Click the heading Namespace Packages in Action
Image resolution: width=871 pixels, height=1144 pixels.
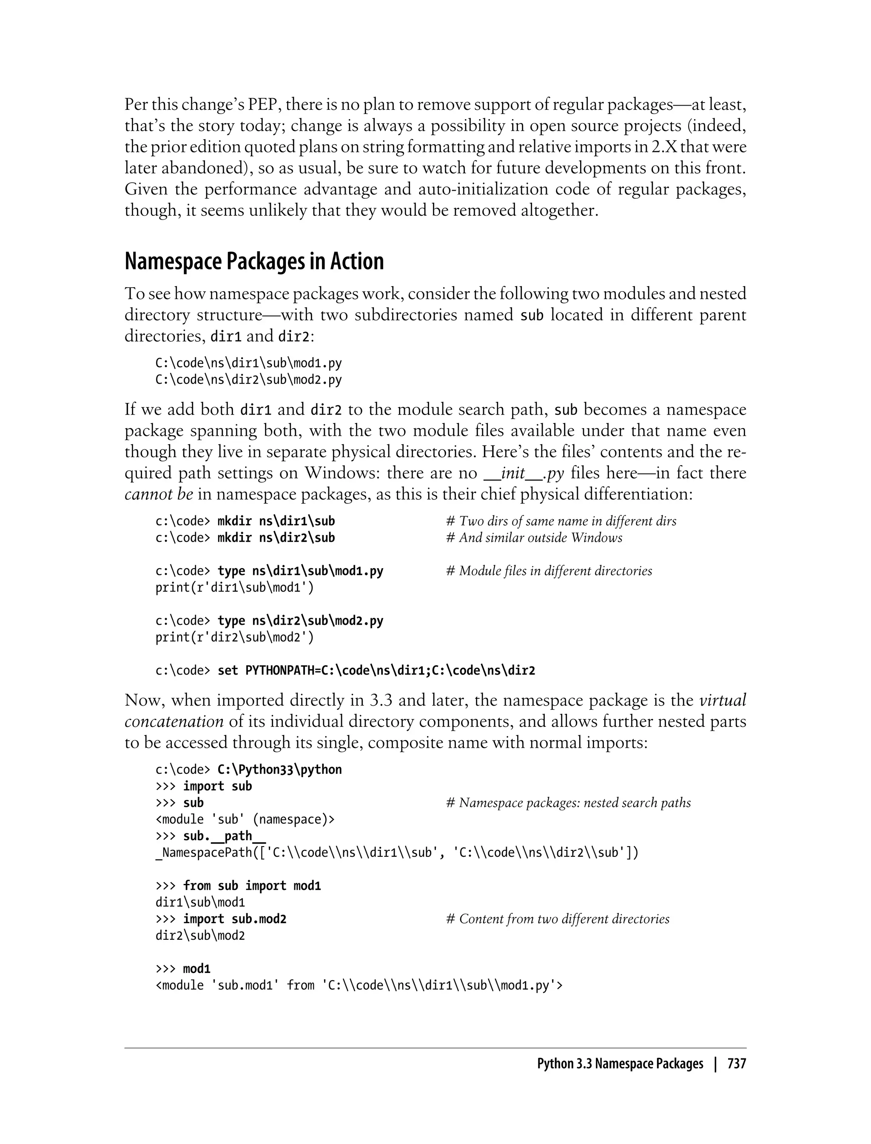(254, 261)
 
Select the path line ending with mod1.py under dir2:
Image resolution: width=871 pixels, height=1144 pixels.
(248, 363)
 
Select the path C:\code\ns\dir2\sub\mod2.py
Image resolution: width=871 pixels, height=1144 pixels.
(248, 380)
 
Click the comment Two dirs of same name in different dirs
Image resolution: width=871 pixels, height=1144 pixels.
(561, 521)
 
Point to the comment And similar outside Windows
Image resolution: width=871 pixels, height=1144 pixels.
(534, 538)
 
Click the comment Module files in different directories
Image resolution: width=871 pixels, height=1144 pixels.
(549, 571)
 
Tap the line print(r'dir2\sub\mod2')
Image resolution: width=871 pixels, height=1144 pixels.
(234, 637)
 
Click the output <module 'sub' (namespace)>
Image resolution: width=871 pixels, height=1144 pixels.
(245, 819)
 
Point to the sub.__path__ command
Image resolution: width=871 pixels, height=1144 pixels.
(224, 836)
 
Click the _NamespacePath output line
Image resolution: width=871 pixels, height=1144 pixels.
(397, 852)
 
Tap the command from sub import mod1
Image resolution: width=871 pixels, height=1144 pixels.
(252, 886)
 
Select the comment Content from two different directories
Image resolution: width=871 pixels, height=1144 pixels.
(557, 919)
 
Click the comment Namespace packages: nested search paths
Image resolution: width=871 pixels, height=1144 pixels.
(568, 803)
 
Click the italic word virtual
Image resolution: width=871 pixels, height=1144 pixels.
(723, 701)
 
